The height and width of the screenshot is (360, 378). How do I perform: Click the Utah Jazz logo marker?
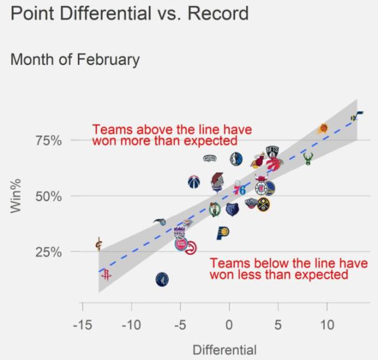(356, 116)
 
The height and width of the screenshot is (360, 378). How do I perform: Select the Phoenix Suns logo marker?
(324, 128)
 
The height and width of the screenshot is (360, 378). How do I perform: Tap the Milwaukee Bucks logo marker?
(308, 158)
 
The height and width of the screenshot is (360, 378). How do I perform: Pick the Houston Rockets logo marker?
(106, 275)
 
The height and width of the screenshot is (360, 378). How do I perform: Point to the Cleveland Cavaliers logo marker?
(99, 244)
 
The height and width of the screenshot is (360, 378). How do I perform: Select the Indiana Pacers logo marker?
(223, 232)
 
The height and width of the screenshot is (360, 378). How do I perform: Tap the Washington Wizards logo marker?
(194, 181)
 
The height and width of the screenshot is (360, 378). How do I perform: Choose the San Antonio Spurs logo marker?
(210, 158)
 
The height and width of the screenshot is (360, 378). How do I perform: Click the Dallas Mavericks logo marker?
(236, 158)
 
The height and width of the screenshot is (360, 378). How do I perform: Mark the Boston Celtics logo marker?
(215, 209)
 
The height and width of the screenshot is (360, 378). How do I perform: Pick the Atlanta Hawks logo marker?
(191, 249)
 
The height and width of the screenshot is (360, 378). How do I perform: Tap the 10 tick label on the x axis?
(327, 325)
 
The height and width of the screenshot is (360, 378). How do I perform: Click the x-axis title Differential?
(224, 350)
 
